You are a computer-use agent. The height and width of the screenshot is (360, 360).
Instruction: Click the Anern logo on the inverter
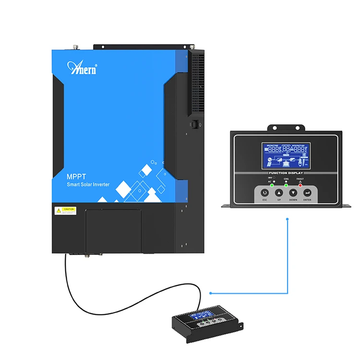[x=83, y=68]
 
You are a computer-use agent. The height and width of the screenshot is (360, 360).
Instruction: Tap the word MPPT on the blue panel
[x=76, y=177]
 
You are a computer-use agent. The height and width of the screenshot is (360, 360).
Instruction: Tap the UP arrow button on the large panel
[x=279, y=193]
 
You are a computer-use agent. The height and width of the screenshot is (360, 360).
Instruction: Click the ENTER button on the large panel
[x=307, y=193]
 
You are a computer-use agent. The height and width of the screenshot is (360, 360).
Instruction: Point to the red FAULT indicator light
[x=300, y=185]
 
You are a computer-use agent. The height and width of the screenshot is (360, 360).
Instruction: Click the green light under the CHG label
[x=286, y=185]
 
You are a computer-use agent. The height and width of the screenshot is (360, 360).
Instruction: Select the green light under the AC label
[x=272, y=185]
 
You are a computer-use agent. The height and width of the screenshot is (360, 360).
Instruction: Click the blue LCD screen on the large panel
[x=286, y=156]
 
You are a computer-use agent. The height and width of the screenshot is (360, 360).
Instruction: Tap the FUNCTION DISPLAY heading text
[x=286, y=172]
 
